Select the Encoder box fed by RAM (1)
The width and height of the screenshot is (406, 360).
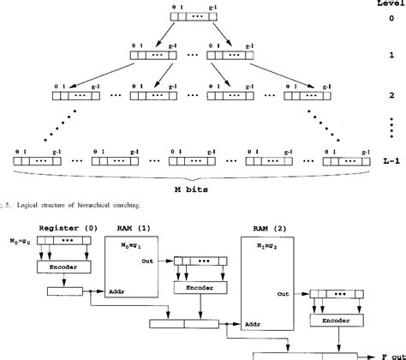(195, 288)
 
